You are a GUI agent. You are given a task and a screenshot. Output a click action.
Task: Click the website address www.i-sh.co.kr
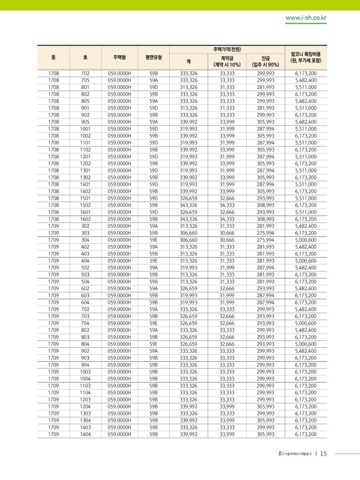click(x=306, y=18)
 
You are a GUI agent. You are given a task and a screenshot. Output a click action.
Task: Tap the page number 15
click(x=323, y=453)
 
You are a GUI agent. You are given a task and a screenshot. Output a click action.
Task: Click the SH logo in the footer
click(x=281, y=453)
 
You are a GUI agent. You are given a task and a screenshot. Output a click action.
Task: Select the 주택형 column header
click(x=120, y=57)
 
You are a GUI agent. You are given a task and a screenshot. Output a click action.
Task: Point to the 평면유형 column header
click(x=154, y=57)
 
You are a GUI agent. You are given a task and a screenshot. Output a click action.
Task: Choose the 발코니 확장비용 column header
click(x=306, y=57)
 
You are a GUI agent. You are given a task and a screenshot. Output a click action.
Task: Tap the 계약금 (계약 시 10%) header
click(x=227, y=61)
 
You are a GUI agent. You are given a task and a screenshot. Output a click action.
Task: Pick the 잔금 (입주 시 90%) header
click(x=265, y=61)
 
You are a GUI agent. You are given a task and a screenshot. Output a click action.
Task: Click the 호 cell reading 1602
click(x=85, y=219)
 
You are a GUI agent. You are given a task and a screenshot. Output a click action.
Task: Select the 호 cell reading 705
click(x=85, y=80)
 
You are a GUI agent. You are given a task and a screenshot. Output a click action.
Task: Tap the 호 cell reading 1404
click(x=85, y=435)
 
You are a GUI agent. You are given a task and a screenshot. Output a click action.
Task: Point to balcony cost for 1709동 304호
click(x=306, y=240)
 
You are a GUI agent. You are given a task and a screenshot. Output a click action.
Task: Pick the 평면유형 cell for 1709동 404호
click(x=154, y=261)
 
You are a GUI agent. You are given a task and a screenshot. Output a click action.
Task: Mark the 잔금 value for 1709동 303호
click(x=265, y=233)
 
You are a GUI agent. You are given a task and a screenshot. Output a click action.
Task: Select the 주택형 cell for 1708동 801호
click(x=120, y=87)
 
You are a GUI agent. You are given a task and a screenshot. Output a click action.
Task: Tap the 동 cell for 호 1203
click(x=53, y=400)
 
